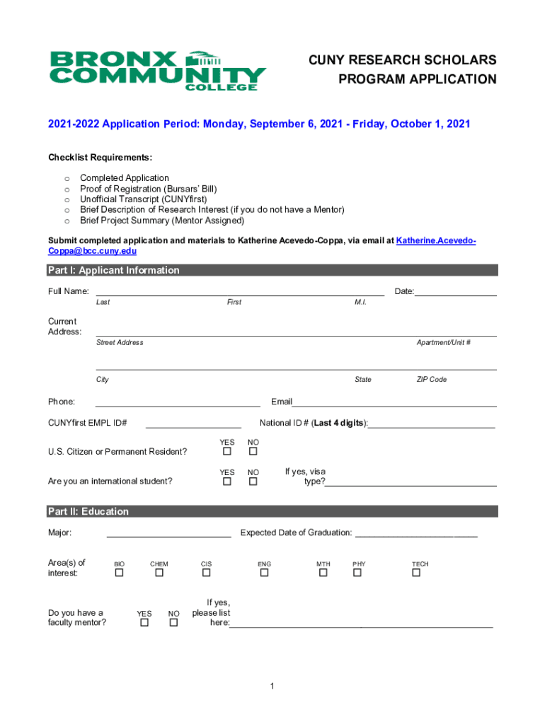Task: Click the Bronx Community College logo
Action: pos(156,70)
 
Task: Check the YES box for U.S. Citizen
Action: pos(227,452)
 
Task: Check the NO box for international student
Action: pos(253,481)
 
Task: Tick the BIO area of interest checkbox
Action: pos(120,573)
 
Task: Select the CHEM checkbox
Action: pos(159,573)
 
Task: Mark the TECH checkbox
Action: pos(416,573)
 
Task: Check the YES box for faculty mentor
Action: pos(144,623)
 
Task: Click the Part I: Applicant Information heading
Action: pos(113,270)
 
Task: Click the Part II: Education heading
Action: pos(88,511)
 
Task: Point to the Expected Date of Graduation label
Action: pos(296,532)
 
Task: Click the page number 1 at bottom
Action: pos(272,687)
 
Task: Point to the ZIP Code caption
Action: pos(431,380)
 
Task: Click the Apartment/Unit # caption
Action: pos(444,342)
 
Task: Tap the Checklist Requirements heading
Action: pos(100,157)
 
